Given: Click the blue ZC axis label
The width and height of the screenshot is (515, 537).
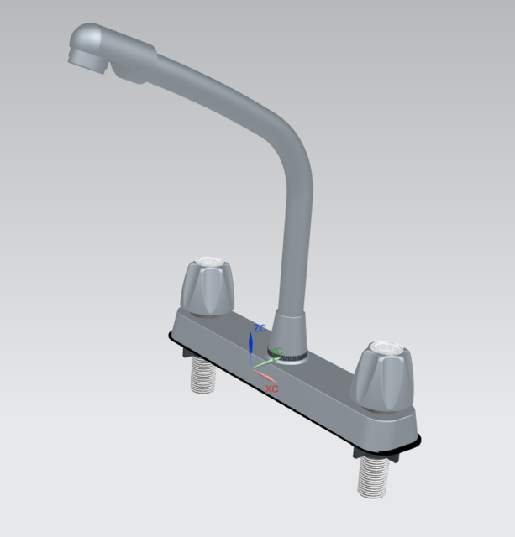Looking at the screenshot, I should (x=260, y=328).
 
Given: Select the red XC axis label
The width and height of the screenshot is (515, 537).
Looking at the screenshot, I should (x=271, y=389).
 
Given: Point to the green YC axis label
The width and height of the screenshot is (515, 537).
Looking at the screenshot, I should (x=276, y=350).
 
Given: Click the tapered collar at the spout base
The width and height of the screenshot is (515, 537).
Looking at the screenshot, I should (x=288, y=331).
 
